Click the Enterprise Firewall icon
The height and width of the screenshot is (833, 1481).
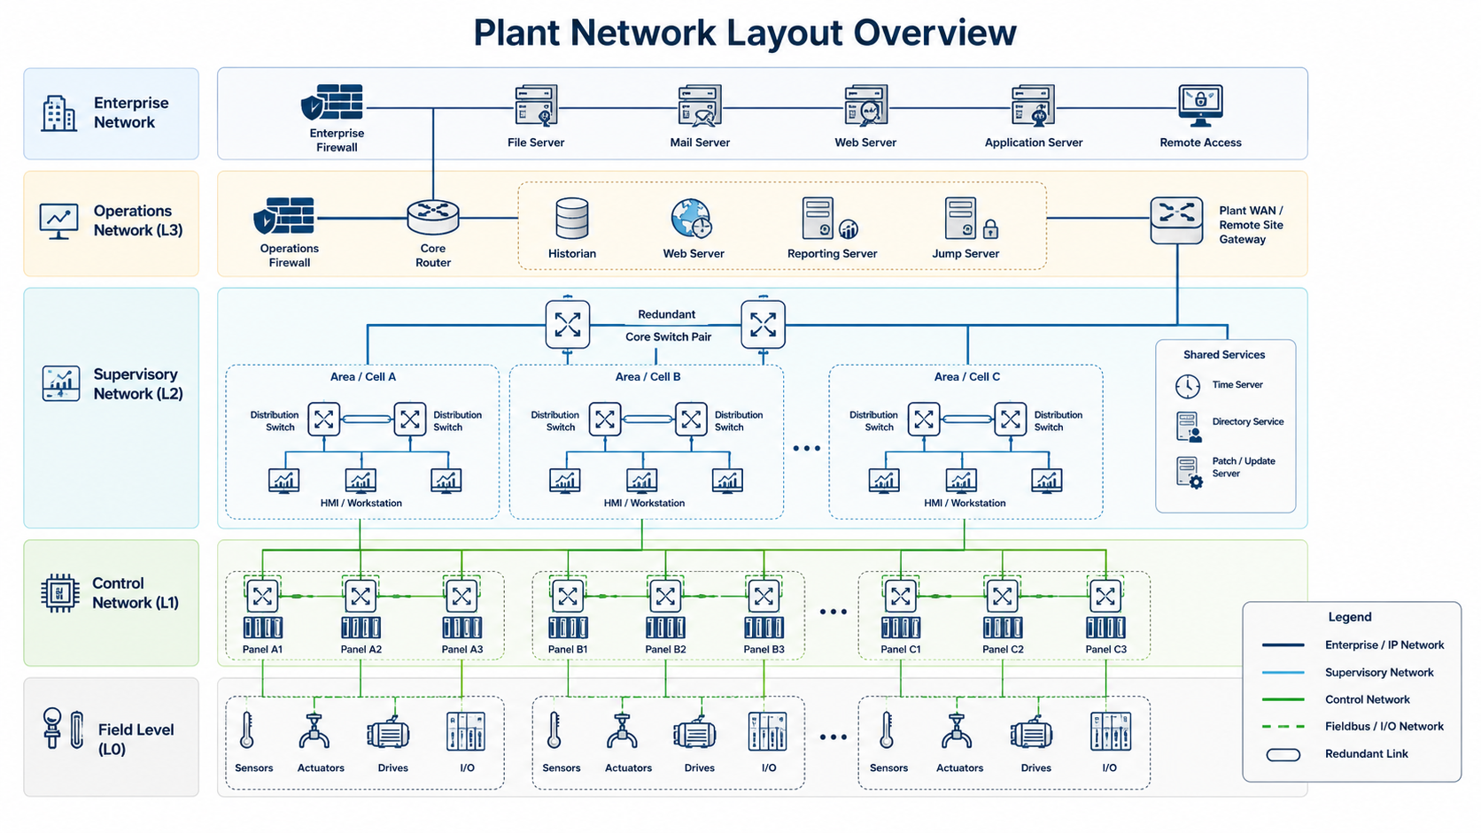[332, 103]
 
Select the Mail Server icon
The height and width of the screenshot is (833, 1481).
[700, 105]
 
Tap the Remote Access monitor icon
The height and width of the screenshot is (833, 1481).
[1200, 105]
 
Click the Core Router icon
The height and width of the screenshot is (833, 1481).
[433, 218]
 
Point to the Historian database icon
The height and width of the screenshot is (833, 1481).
[572, 218]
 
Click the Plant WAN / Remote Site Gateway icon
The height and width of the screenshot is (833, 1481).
[1176, 220]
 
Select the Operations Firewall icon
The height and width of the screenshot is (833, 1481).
[283, 215]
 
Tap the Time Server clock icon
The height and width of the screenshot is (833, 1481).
[1188, 386]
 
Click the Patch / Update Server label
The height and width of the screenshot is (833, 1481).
[1244, 467]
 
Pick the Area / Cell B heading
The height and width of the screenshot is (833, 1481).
[647, 376]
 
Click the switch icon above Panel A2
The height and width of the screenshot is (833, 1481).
[361, 597]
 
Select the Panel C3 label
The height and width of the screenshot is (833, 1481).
[1105, 650]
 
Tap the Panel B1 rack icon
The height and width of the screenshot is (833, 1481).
[567, 627]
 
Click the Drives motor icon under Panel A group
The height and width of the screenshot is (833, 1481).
[388, 733]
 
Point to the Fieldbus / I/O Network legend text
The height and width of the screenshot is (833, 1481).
[1384, 726]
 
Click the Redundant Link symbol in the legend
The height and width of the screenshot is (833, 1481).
[1283, 754]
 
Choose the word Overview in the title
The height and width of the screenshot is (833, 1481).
[934, 33]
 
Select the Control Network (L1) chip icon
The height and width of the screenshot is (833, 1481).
[60, 592]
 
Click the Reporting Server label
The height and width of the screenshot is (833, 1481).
[832, 254]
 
